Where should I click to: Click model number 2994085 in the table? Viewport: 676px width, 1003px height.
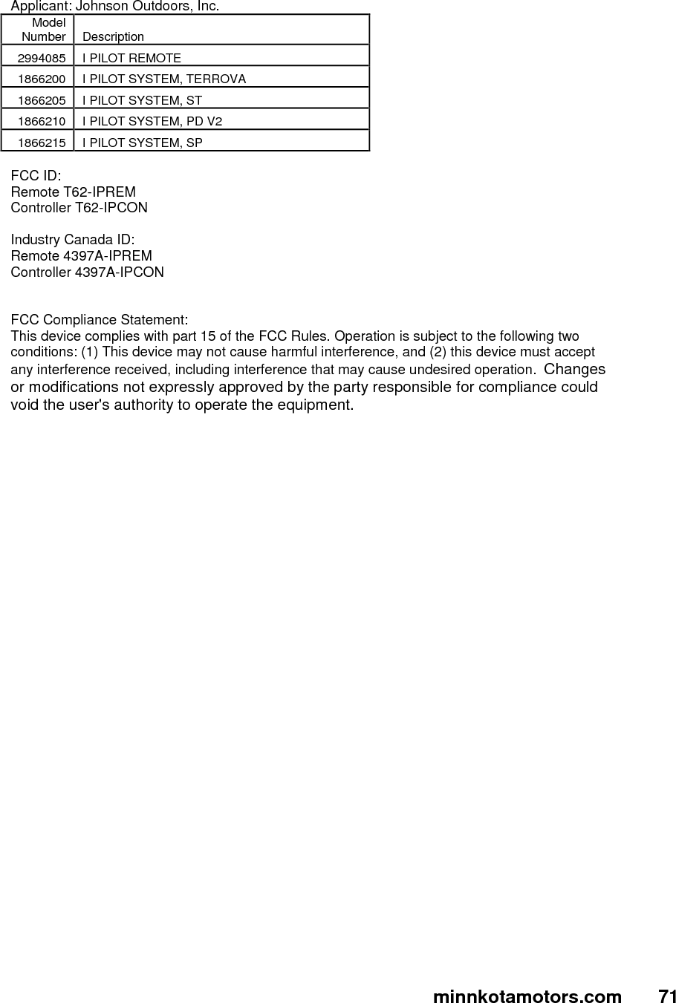(42, 58)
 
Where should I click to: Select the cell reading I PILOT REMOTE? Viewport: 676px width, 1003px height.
(131, 58)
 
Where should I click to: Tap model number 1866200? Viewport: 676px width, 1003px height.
(42, 79)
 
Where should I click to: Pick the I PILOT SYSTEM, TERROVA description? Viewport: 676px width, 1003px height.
(164, 79)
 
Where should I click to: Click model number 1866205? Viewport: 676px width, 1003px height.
(42, 100)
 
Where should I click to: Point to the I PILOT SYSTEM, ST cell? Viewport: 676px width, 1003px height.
(142, 100)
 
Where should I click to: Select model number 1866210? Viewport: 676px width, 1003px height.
(42, 121)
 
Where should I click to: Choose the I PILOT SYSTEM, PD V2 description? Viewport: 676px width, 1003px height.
(152, 121)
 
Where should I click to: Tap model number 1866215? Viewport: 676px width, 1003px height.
(42, 143)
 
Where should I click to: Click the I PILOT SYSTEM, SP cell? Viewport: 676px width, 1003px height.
(142, 143)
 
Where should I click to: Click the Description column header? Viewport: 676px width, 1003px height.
(113, 36)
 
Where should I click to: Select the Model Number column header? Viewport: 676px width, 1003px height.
(44, 30)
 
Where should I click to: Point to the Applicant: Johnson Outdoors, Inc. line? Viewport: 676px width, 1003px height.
(114, 7)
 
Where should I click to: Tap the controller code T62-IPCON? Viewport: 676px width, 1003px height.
(111, 208)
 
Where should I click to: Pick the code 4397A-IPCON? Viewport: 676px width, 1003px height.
(120, 272)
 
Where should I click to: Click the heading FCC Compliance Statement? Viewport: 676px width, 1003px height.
(99, 320)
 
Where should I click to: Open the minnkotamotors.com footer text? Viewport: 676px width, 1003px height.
(527, 996)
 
